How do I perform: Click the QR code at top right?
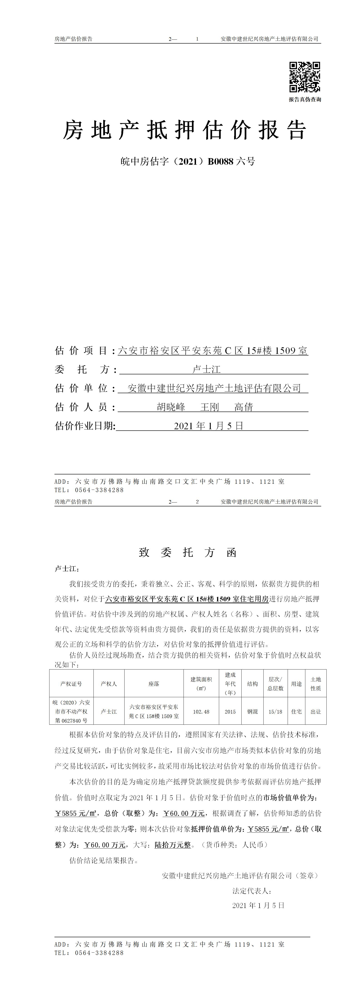click(x=305, y=77)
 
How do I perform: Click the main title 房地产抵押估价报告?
click(x=185, y=130)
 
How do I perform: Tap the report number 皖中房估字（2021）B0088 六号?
click(x=188, y=162)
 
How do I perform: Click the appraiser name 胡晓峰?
click(x=171, y=407)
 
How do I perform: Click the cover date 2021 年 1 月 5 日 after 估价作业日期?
click(x=208, y=426)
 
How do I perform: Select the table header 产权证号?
click(x=71, y=684)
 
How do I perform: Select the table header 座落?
click(x=154, y=684)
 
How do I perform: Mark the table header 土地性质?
click(x=316, y=684)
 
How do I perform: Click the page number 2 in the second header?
click(x=197, y=502)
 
